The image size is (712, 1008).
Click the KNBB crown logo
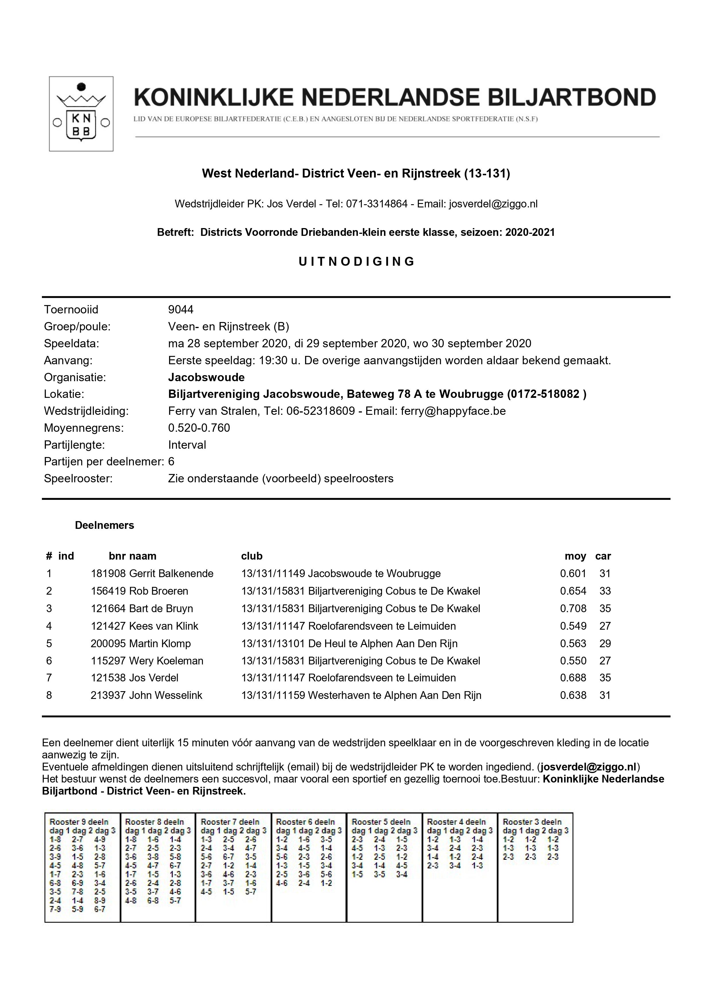(81, 114)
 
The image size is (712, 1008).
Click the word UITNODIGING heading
(356, 262)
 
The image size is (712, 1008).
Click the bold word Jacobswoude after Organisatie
(206, 377)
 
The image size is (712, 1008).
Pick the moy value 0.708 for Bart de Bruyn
(573, 608)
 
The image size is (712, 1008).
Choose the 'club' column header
(251, 556)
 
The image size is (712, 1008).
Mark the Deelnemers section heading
(104, 525)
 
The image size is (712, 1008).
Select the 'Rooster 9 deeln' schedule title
(79, 822)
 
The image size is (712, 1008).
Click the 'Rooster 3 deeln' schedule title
(532, 822)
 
